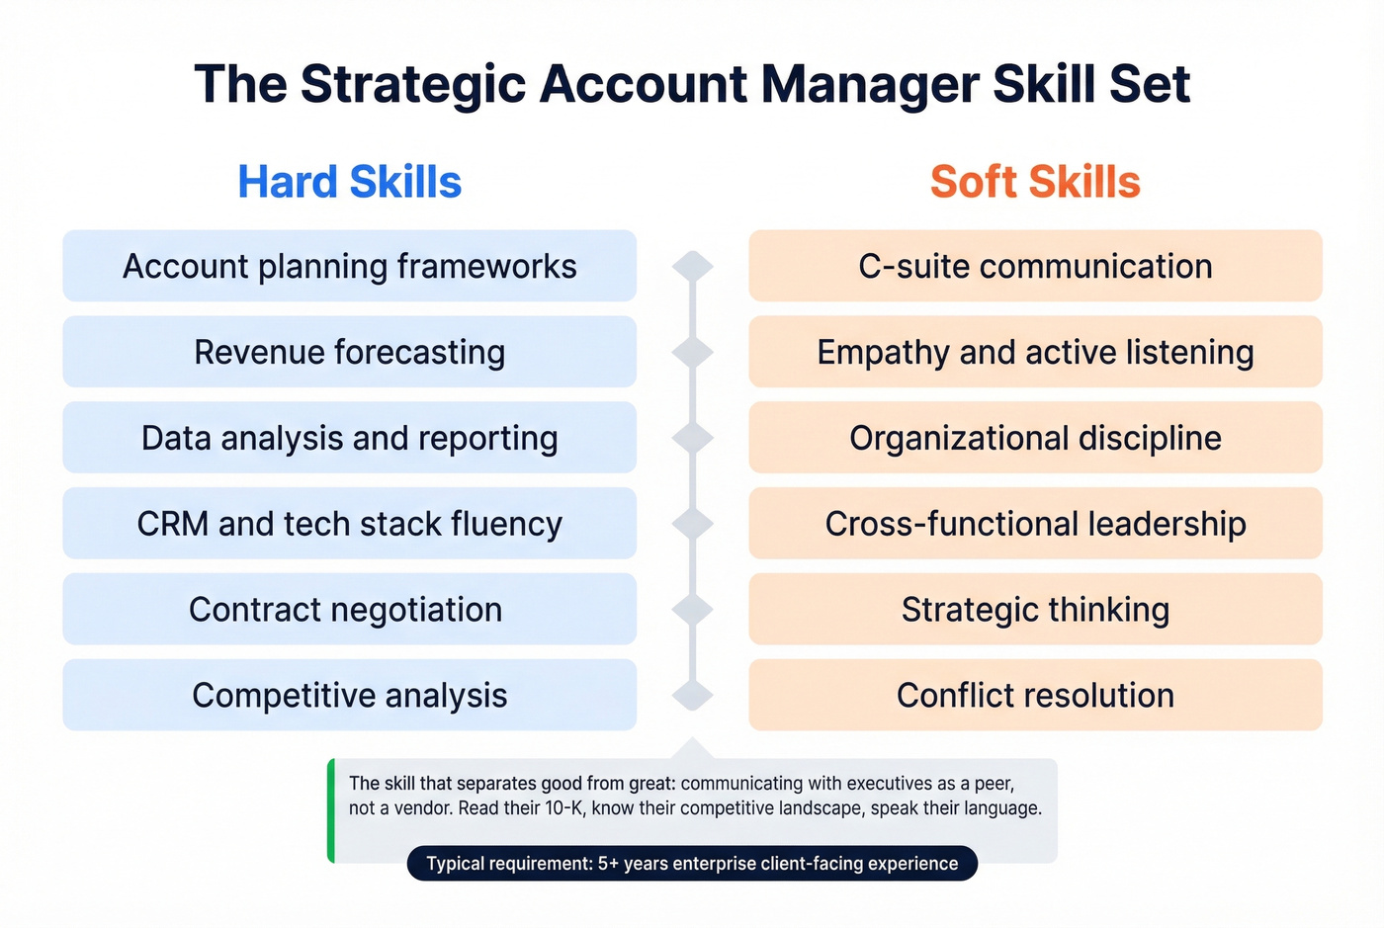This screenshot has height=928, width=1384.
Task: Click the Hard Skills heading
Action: (349, 182)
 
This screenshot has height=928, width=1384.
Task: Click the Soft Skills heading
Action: (1035, 182)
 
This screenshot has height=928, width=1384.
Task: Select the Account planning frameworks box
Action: (349, 266)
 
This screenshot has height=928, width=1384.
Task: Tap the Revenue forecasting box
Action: (349, 352)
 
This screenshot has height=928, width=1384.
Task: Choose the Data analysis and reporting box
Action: (349, 438)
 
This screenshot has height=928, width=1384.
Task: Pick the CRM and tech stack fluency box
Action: (349, 524)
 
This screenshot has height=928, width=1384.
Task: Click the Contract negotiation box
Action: (349, 610)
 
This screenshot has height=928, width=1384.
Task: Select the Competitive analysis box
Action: (349, 696)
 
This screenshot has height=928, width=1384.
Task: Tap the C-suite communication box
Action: (1035, 266)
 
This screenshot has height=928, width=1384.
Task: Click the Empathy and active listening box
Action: (1035, 352)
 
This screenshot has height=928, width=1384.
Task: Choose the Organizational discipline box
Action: (1035, 438)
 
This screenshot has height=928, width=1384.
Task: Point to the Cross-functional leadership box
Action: (1035, 524)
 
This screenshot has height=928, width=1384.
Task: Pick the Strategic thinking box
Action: (1035, 610)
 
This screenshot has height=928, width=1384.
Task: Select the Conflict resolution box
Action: (1035, 696)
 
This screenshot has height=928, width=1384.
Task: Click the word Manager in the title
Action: (871, 85)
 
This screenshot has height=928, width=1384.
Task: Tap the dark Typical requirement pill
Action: (692, 864)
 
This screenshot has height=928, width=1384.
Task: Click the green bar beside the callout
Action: (331, 810)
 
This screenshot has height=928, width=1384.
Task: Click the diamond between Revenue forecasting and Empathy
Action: (692, 352)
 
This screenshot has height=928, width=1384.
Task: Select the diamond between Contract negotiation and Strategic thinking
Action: (692, 610)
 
